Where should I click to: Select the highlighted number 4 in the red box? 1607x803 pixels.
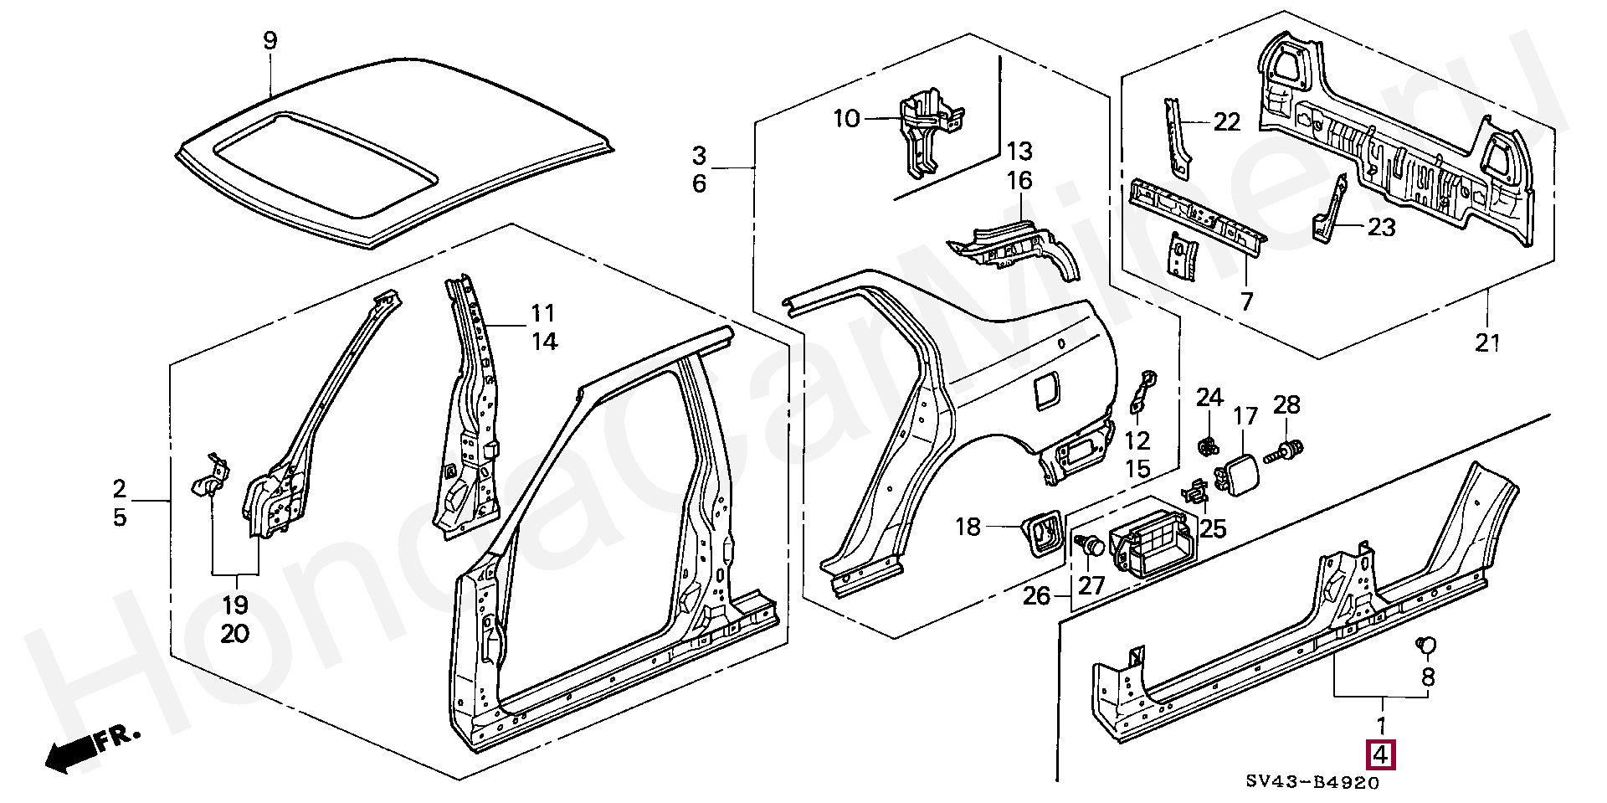[1381, 755]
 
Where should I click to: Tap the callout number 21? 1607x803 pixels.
[1487, 342]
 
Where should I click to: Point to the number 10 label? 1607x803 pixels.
[846, 119]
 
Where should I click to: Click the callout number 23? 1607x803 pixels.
[1382, 227]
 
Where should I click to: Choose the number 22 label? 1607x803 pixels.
[1226, 122]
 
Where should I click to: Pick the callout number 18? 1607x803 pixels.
[968, 527]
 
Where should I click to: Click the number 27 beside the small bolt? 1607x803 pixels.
[1091, 584]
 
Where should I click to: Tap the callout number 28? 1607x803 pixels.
[1286, 405]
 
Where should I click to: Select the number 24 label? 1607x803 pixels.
[1209, 398]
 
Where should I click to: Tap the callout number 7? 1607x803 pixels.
[1246, 301]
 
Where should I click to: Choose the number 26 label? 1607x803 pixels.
[1035, 597]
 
